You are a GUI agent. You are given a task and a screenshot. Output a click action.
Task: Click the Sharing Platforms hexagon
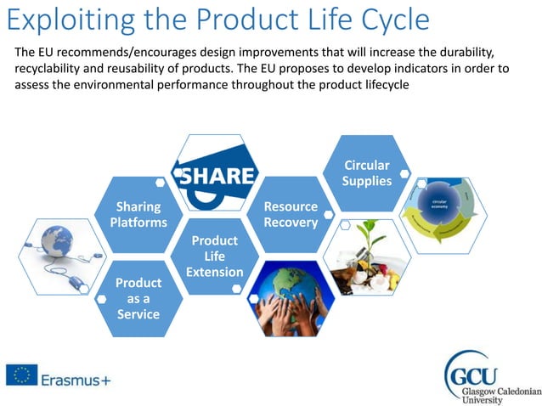[x=138, y=214]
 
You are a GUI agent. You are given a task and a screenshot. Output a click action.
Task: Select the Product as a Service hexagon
[x=138, y=297]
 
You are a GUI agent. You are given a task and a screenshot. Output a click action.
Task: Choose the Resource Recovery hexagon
[x=291, y=214]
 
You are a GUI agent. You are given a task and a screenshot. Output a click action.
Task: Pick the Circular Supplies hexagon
[x=367, y=172]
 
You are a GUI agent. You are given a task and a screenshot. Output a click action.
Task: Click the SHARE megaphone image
[x=214, y=174]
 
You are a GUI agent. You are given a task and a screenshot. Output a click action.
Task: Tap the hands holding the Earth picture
[x=291, y=298]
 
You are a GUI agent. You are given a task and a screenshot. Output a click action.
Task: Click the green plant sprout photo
[x=366, y=256]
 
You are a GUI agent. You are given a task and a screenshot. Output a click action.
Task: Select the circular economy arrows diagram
[x=443, y=214]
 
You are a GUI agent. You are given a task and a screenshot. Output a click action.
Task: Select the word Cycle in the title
[x=392, y=19]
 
